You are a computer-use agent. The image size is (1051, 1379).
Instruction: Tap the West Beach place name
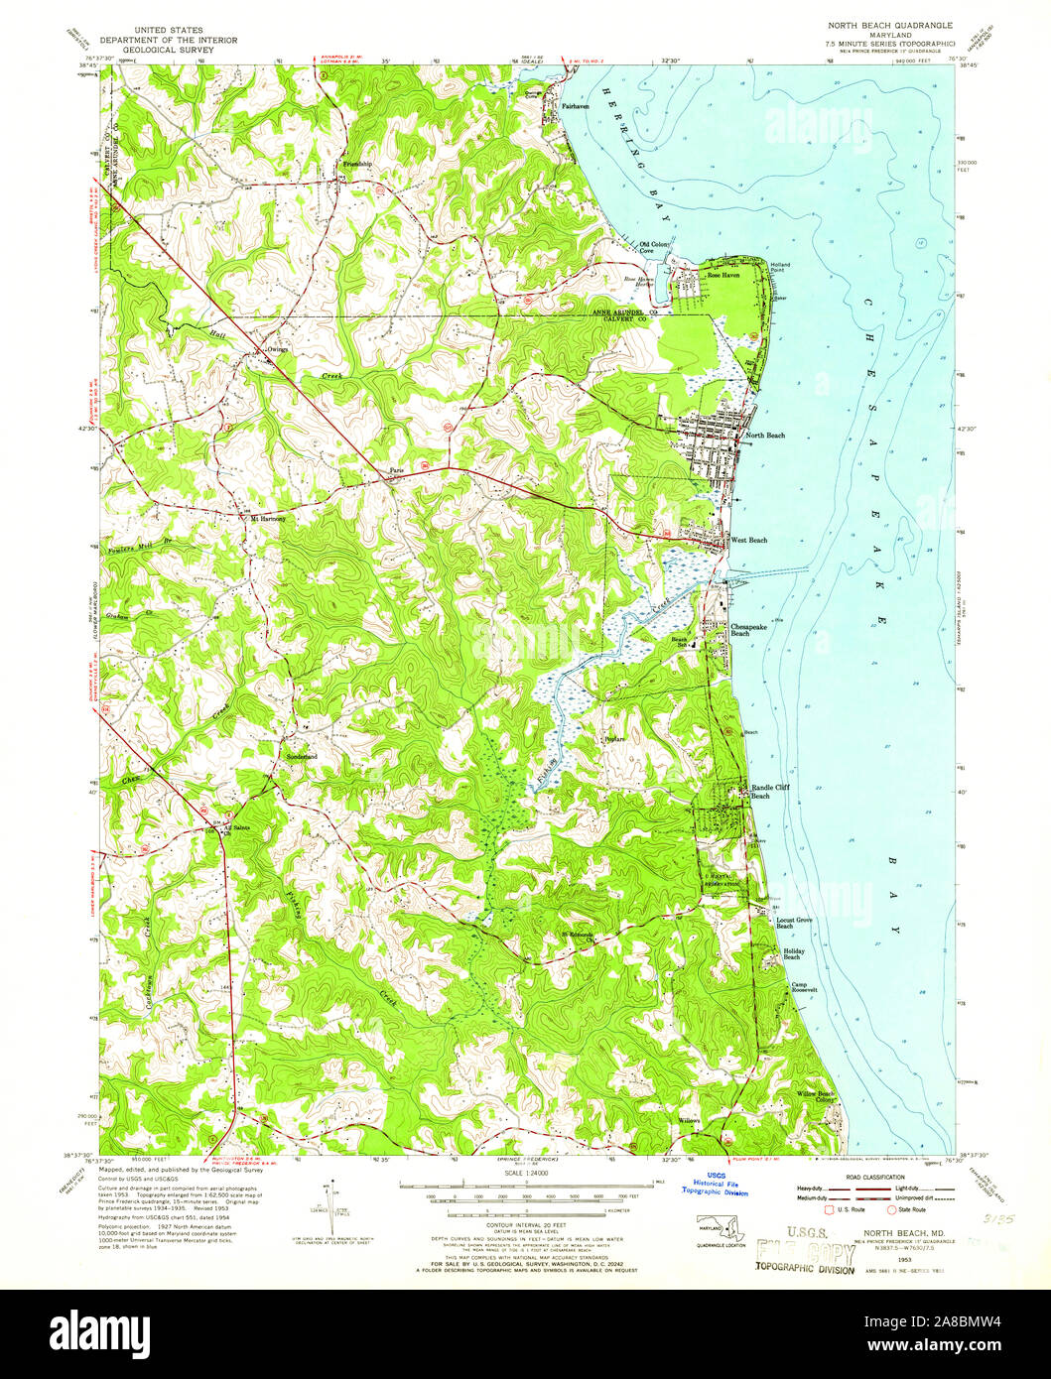[x=749, y=540]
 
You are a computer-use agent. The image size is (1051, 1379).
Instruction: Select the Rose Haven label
[x=723, y=275]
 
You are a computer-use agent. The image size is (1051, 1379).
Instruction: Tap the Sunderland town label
[x=302, y=757]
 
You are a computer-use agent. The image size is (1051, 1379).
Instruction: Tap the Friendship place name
[x=357, y=164]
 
